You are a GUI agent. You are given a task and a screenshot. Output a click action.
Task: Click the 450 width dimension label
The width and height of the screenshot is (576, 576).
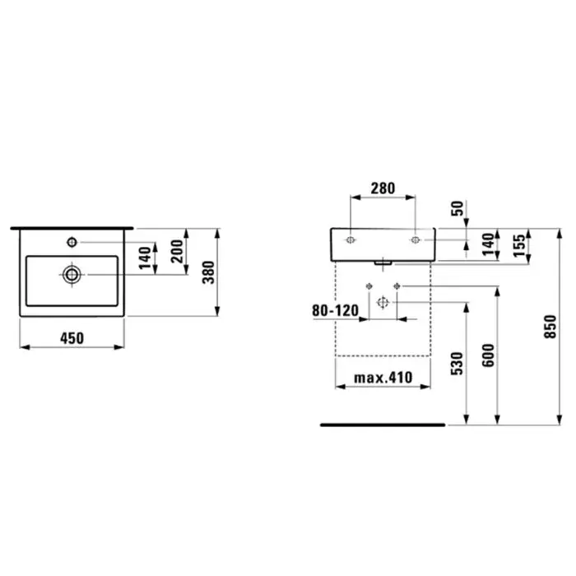coord(72,338)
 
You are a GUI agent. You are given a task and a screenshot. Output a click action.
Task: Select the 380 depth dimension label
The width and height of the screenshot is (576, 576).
coord(208,272)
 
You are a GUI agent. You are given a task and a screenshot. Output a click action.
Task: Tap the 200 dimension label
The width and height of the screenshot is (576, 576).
coord(177,251)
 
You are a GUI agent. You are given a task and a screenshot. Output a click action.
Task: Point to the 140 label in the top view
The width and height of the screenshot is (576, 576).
coord(145,258)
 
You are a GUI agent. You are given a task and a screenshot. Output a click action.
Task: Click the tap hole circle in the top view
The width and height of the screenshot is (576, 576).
coord(72,242)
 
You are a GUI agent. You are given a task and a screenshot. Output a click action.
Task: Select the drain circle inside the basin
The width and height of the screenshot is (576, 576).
coord(72,274)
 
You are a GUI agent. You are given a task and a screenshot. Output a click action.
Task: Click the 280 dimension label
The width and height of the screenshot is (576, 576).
coord(383,188)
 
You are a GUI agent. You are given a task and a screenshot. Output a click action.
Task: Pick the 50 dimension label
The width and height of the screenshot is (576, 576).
coord(458,209)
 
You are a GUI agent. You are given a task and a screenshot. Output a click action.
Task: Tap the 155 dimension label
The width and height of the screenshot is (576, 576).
coord(519,246)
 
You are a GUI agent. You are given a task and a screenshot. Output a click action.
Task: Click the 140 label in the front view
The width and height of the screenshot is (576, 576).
coord(488,244)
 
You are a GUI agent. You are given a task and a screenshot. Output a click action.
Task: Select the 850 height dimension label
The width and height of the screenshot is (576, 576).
coord(550,327)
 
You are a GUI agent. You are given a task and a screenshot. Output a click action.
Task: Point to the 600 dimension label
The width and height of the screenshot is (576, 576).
coord(488,355)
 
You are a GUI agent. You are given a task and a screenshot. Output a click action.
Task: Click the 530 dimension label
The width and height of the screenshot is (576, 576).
coord(458,364)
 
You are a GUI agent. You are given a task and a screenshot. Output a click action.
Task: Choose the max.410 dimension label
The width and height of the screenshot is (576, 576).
coord(383,378)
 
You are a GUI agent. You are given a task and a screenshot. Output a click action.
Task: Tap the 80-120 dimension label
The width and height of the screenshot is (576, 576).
coord(335,311)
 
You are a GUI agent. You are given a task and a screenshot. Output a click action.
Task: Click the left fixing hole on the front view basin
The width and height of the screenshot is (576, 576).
coord(351,240)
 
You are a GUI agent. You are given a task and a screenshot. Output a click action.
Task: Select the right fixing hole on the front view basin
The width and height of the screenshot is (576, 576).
coord(415,240)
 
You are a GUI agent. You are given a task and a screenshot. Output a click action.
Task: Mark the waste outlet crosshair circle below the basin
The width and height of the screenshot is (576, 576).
coord(383,302)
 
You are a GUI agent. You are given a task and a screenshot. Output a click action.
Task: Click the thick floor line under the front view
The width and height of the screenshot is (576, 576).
coord(383,425)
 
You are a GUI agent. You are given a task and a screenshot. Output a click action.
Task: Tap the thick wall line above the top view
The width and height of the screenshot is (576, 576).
coord(72,228)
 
